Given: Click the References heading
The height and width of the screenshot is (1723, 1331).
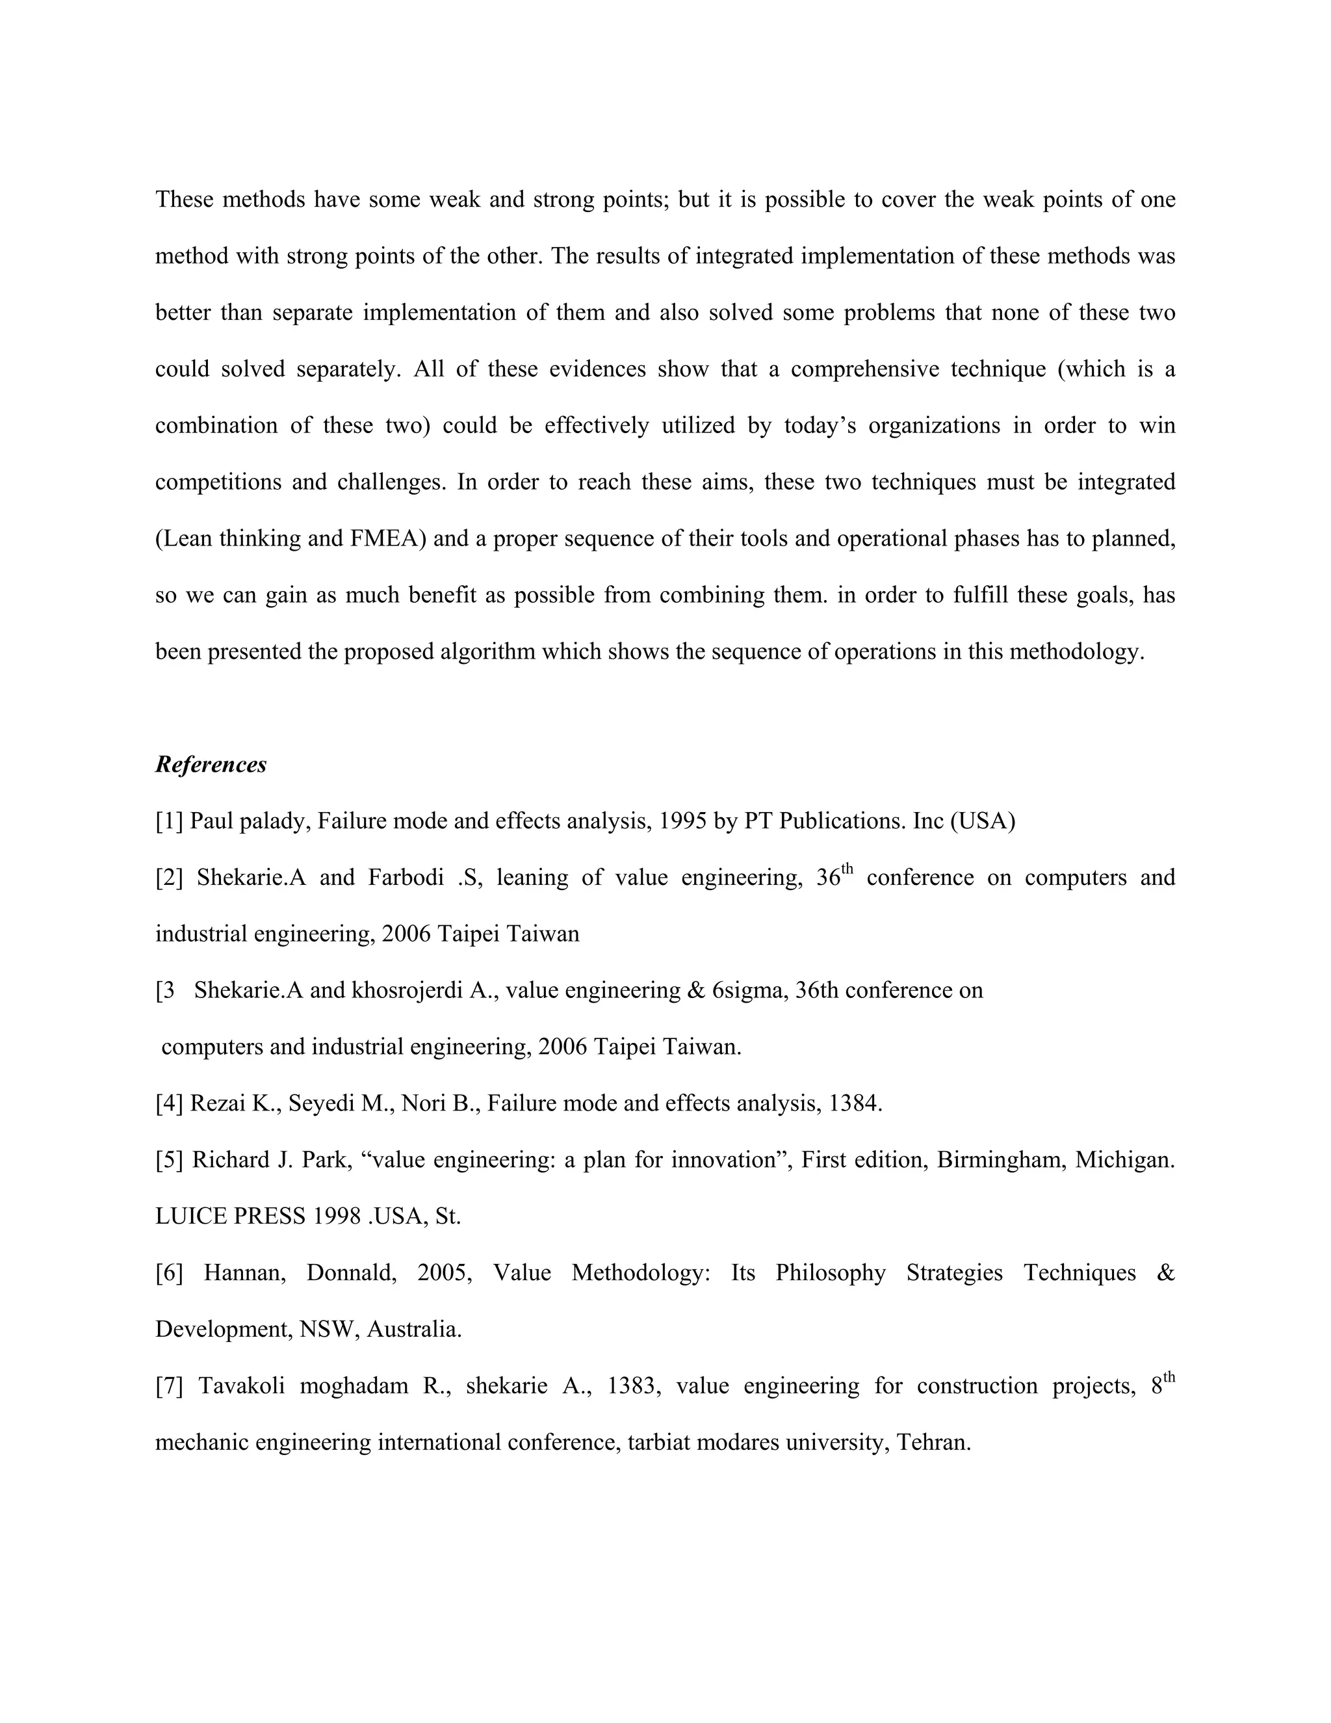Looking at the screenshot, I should click(211, 765).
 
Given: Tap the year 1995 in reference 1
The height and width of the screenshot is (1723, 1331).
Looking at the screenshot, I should click(684, 821).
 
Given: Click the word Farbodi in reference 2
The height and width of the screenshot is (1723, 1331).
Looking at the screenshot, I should click(406, 878).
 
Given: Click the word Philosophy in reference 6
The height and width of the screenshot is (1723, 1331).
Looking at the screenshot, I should click(831, 1272).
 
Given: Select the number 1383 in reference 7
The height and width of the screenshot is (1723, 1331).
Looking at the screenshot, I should click(631, 1386).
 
